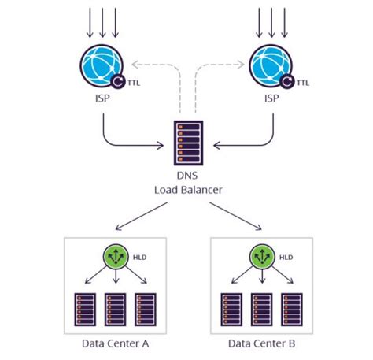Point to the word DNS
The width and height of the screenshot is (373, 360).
(x=187, y=178)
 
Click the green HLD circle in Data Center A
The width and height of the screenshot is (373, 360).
(x=116, y=256)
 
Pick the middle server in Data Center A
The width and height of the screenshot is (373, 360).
(x=116, y=309)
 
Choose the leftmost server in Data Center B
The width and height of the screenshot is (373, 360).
(x=232, y=309)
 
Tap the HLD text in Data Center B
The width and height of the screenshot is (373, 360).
(x=287, y=256)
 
